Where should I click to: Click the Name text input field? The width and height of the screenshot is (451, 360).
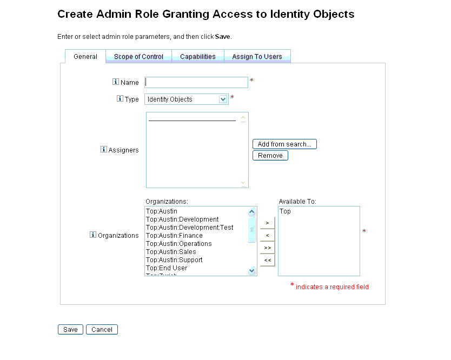(196, 82)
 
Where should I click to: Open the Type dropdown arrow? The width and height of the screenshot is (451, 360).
(223, 99)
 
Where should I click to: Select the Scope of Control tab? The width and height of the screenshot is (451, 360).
(138, 56)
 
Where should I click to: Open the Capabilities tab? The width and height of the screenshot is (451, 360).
(198, 56)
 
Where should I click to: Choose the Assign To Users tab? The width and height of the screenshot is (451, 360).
(257, 56)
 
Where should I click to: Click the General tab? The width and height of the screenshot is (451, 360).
(85, 56)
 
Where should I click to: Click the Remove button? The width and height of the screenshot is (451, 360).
(270, 156)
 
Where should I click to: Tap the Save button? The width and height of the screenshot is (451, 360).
(70, 330)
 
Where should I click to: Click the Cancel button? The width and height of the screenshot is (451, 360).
(102, 330)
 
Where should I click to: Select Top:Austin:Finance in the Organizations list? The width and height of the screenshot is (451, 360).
(174, 236)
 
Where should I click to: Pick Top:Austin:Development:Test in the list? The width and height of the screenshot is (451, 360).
(190, 228)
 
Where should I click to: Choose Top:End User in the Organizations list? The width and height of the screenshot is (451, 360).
(167, 268)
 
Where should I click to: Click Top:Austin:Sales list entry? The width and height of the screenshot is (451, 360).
(171, 252)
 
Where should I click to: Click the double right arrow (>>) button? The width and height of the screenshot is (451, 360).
(268, 248)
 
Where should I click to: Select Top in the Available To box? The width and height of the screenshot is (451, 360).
(285, 211)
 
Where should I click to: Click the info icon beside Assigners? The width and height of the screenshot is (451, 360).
(103, 149)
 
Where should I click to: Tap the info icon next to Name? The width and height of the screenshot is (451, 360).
(116, 82)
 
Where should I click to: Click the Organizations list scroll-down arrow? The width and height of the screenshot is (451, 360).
(251, 271)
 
